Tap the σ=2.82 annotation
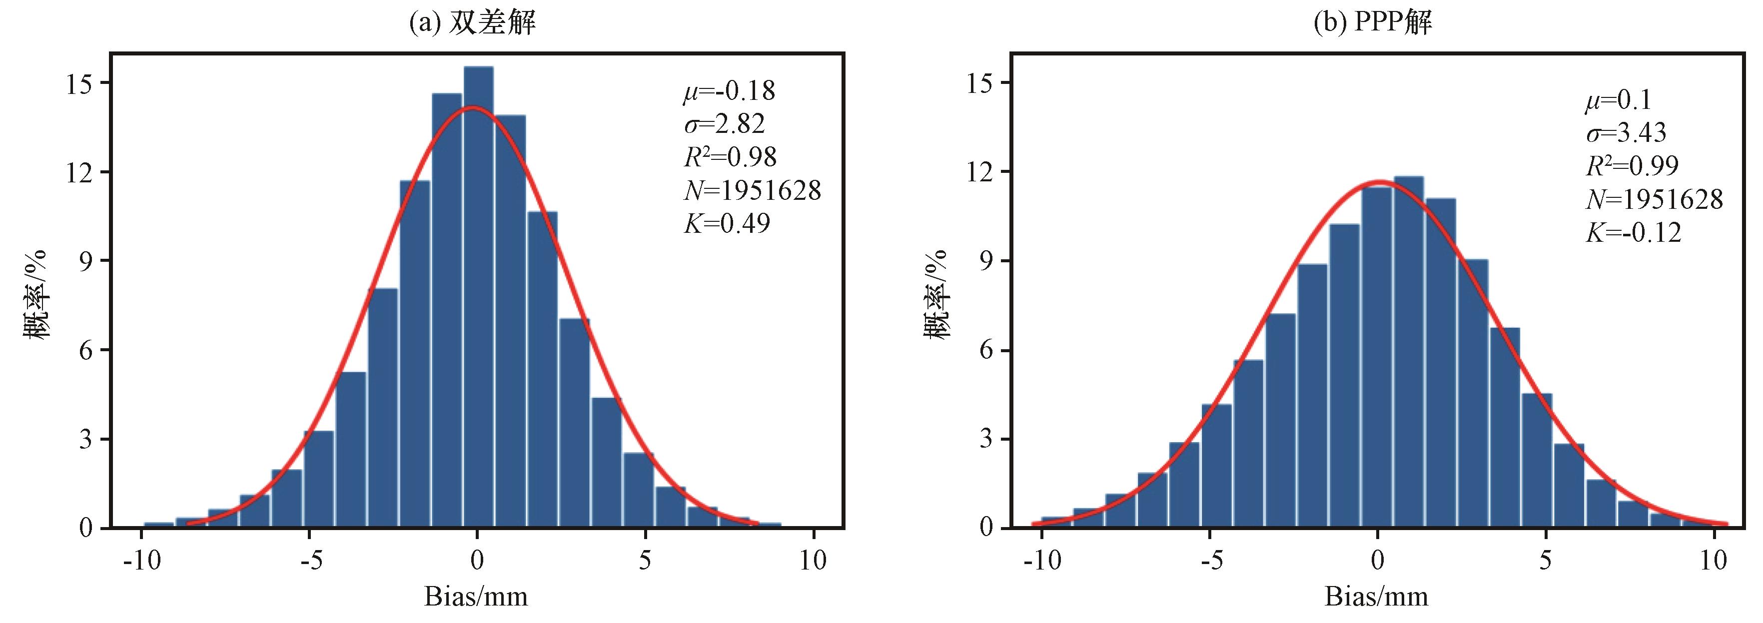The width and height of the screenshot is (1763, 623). point(724,124)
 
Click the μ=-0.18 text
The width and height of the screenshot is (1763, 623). point(729,91)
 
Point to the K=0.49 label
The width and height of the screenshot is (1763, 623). point(727,223)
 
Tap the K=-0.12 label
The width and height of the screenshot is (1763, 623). point(1633,233)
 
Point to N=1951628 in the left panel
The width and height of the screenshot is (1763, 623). point(752,190)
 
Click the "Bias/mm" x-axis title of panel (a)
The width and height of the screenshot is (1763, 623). point(476,597)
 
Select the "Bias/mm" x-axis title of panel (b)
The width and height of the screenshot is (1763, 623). point(1376,597)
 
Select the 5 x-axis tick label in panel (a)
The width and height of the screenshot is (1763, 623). point(645,561)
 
